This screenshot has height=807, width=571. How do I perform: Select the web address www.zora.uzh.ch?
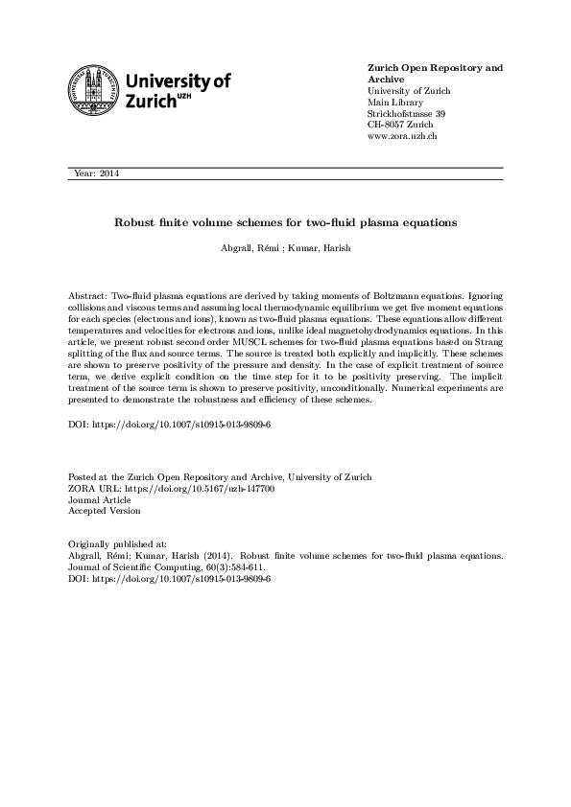pyautogui.click(x=403, y=137)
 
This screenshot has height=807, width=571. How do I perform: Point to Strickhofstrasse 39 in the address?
pyautogui.click(x=407, y=114)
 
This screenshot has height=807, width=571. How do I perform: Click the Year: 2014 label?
pyautogui.click(x=96, y=173)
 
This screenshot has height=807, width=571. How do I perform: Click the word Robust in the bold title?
pyautogui.click(x=134, y=222)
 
